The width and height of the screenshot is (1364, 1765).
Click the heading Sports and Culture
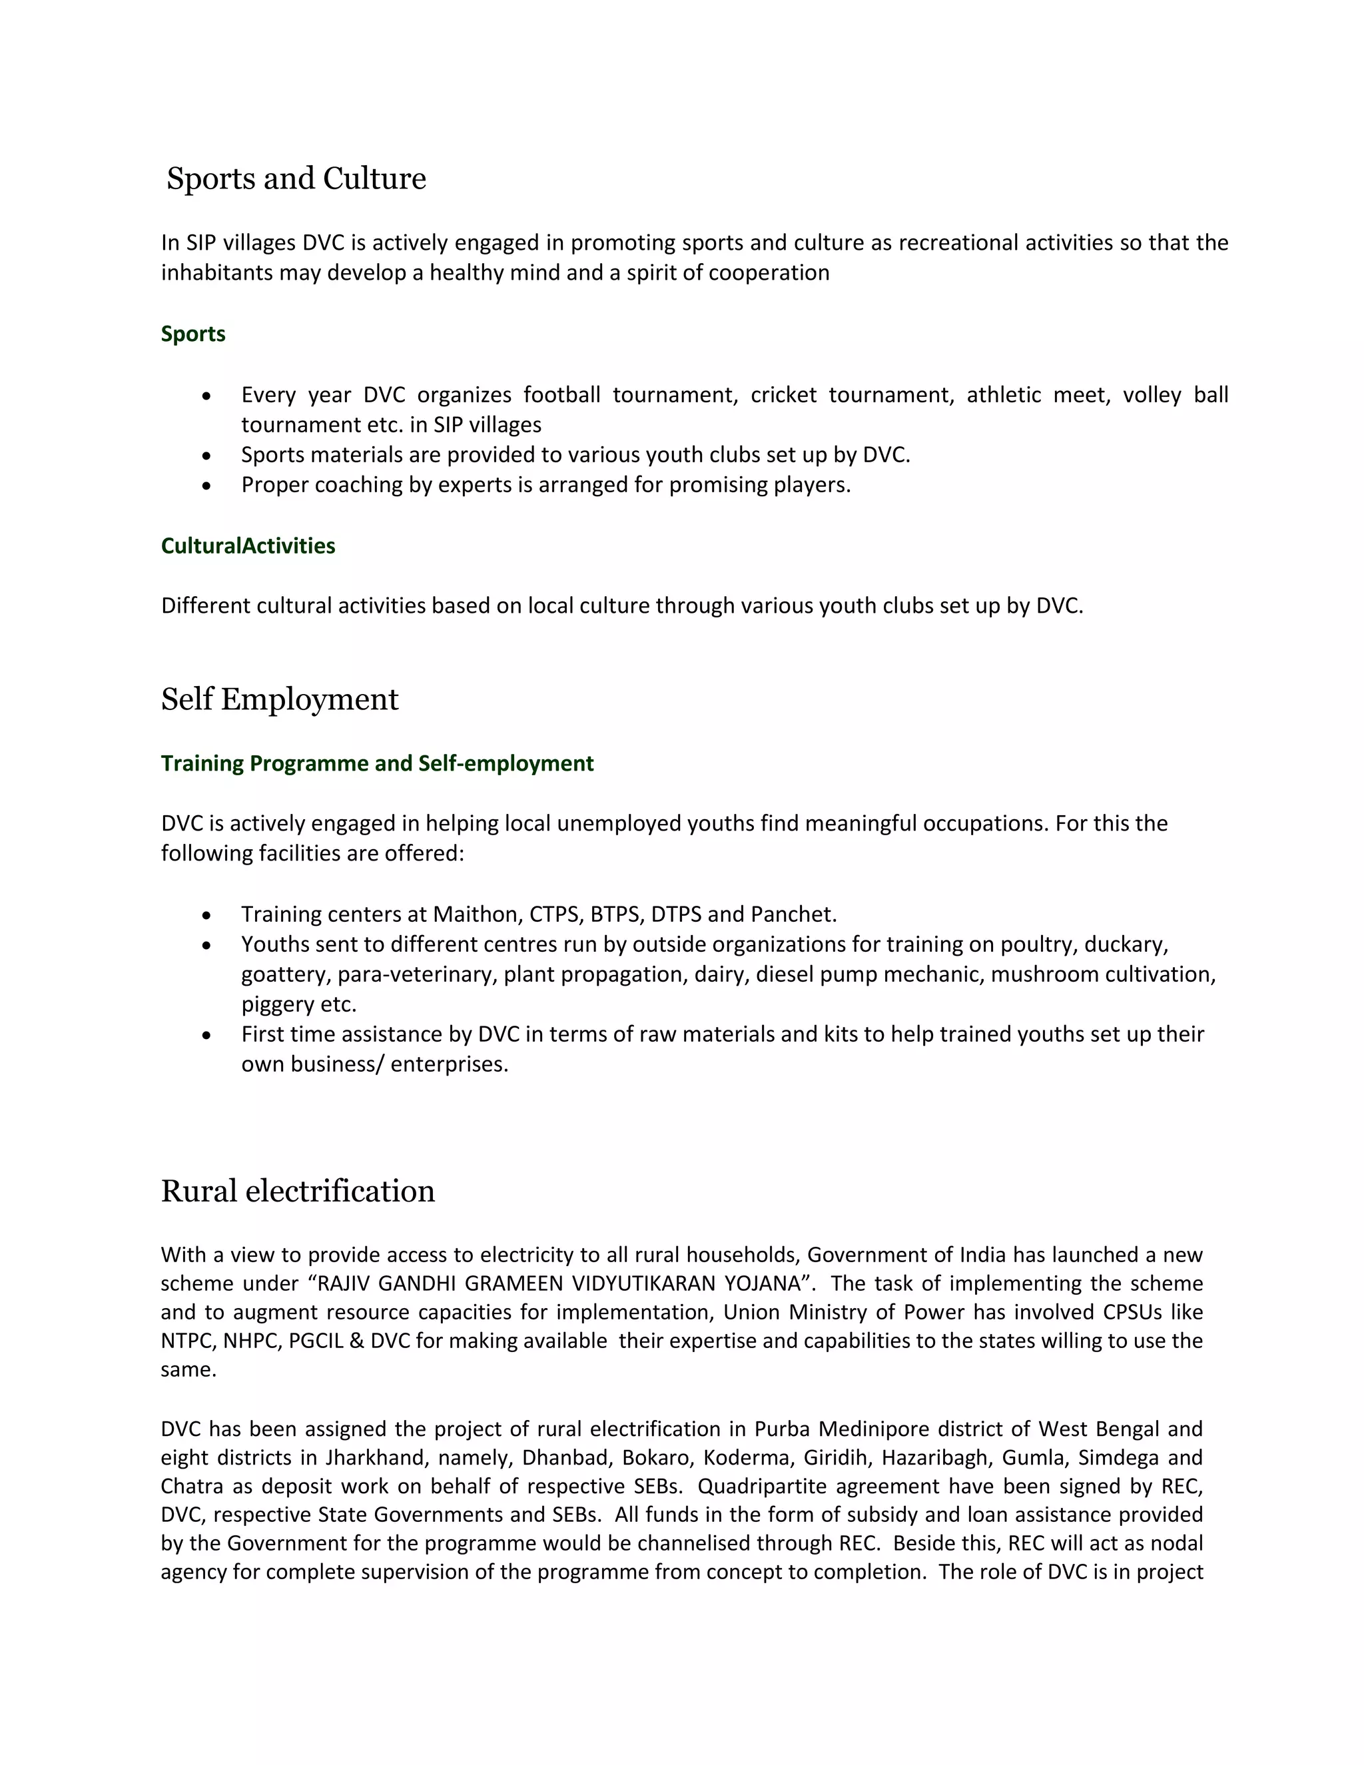click(x=296, y=178)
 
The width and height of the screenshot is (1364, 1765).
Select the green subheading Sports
click(x=192, y=334)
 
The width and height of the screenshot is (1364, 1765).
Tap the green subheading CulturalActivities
click(x=247, y=545)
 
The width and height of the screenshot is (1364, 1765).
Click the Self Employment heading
click(x=279, y=699)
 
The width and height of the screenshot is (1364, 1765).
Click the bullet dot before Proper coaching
click(x=207, y=486)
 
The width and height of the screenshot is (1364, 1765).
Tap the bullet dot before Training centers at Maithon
click(x=207, y=916)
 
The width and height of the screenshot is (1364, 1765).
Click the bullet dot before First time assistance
click(x=207, y=1035)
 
